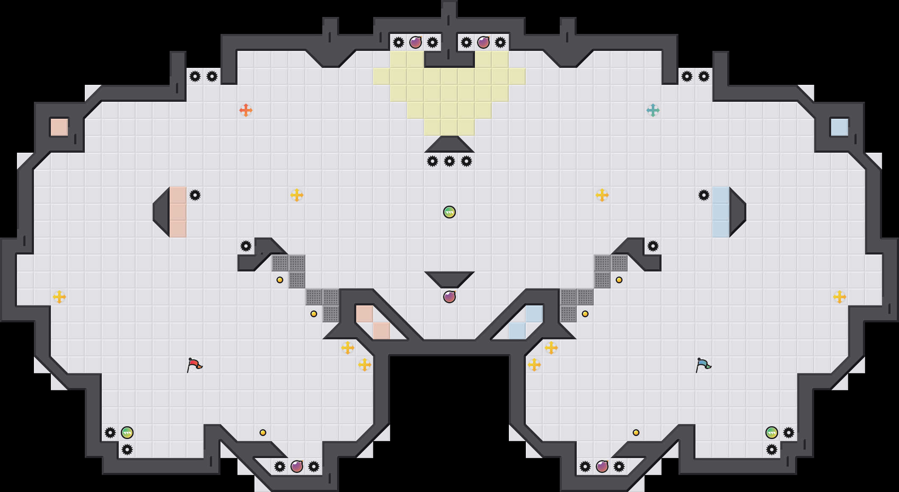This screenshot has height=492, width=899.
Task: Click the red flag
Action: click(194, 364)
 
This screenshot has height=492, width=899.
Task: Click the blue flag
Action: click(703, 364)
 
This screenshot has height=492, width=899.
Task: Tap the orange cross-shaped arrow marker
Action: click(246, 110)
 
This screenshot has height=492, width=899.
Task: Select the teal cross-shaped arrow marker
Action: click(653, 110)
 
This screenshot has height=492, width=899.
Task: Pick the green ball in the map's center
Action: click(449, 212)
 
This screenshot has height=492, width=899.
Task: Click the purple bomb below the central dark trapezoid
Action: click(449, 297)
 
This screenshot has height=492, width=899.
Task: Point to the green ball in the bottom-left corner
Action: click(127, 433)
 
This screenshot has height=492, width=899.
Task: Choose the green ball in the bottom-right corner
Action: click(772, 433)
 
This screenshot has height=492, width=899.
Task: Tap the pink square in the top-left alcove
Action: click(59, 127)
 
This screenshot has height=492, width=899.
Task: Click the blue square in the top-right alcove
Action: click(840, 127)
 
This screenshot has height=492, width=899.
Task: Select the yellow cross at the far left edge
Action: click(59, 297)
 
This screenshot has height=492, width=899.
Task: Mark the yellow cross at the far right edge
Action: click(840, 297)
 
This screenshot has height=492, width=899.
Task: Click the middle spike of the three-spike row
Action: click(449, 161)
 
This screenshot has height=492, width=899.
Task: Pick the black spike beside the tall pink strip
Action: click(195, 195)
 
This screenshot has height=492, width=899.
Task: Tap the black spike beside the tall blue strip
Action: click(704, 195)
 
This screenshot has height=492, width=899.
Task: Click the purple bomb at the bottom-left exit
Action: click(297, 467)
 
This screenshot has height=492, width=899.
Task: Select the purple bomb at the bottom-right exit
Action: click(602, 467)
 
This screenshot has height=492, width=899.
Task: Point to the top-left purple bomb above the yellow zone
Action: click(416, 42)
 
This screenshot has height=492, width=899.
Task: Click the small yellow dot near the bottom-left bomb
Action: click(263, 433)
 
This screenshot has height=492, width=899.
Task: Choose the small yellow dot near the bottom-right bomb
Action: click(636, 433)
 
